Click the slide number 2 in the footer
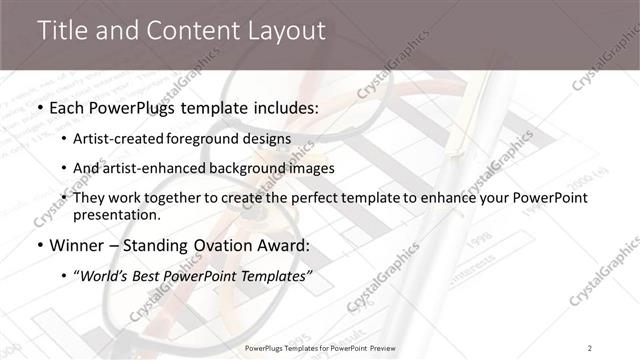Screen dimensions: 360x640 (x=590, y=347)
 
